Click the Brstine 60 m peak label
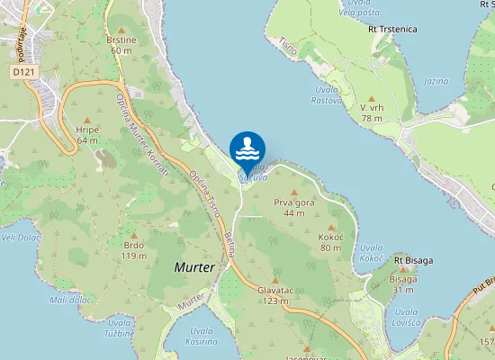click(121, 46)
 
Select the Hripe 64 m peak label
click(87, 135)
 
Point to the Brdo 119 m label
click(134, 250)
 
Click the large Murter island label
click(194, 268)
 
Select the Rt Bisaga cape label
click(413, 260)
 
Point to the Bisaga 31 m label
click(402, 284)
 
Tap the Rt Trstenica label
click(392, 29)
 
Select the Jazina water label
click(436, 81)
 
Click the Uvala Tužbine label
click(120, 328)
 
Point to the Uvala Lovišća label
click(407, 317)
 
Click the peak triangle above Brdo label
click(134, 235)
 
